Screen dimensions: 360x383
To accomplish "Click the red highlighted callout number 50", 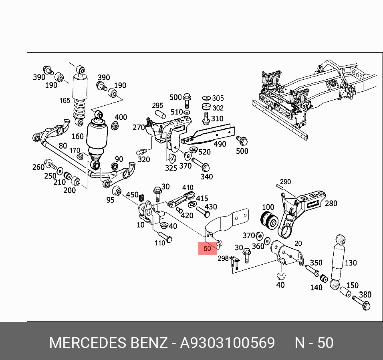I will point(208,249).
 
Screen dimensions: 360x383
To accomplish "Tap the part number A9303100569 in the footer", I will point(227,343).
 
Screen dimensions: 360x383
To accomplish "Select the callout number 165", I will point(65,101).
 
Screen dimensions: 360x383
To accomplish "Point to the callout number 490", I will point(220,145).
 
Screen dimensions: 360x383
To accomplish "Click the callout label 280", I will point(331,203).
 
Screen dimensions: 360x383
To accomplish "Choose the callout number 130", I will point(351,263).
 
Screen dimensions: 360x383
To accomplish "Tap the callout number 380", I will point(365,295).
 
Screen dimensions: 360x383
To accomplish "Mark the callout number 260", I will point(38,167).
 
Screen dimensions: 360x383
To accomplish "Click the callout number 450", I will point(132,195).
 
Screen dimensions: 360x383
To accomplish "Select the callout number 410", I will point(187,187).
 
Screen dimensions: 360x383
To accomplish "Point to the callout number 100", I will point(268,207).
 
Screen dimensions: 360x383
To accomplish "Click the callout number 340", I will point(207,177).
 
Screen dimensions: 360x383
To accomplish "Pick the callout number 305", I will point(218,98).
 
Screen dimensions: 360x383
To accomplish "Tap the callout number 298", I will point(223,259).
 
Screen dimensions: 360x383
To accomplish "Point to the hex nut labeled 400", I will point(114,127).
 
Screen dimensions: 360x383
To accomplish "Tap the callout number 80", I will point(62,146).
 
